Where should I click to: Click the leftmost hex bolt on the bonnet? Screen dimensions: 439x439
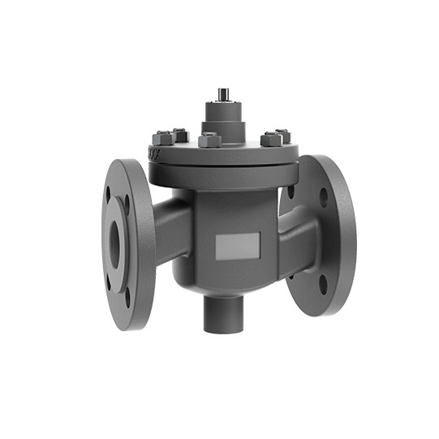pyautogui.click(x=160, y=136)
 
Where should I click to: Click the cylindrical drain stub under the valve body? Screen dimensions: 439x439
pyautogui.click(x=220, y=312)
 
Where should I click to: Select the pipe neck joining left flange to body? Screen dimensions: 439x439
pyautogui.click(x=171, y=231)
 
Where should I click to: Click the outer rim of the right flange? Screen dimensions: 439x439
pyautogui.click(x=350, y=235)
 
